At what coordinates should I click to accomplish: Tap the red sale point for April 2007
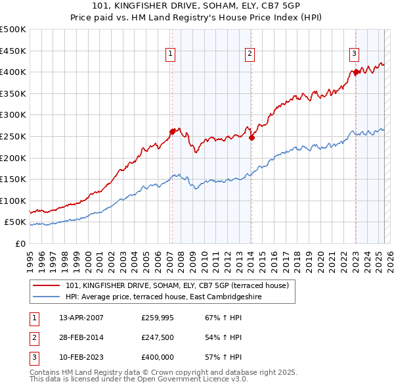click(x=172, y=132)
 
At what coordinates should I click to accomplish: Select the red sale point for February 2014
click(x=252, y=137)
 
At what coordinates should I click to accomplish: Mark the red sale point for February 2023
click(x=355, y=72)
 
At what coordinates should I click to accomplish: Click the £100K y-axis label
click(x=13, y=201)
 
